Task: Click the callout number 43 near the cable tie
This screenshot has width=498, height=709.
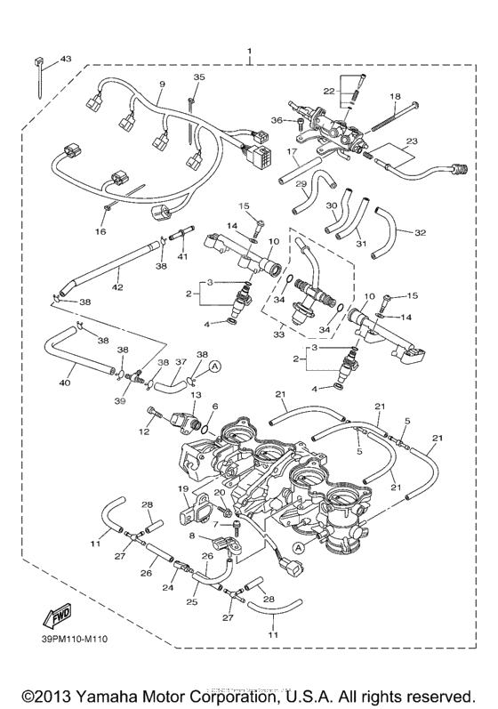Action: [66, 59]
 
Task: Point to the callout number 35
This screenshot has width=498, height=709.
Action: [198, 78]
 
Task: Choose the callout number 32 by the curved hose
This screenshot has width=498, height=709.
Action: [419, 233]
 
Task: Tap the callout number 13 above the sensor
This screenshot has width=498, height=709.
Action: [196, 394]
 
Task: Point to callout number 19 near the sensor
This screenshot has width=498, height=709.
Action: [181, 488]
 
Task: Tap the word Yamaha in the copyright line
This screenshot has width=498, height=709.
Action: [124, 696]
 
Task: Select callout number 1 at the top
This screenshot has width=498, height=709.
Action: [250, 52]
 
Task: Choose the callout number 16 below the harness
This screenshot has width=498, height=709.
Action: [100, 231]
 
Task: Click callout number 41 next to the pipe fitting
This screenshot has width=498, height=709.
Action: [182, 257]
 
